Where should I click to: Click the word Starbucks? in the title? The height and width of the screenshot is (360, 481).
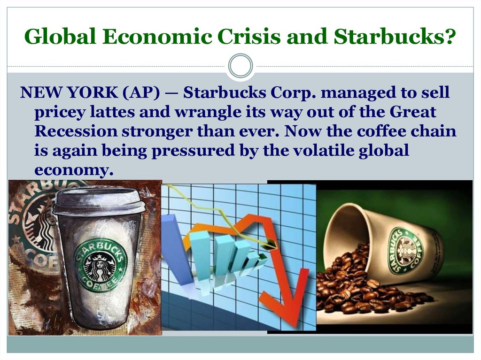coord(394,36)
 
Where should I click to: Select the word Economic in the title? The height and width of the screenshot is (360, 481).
coord(157,36)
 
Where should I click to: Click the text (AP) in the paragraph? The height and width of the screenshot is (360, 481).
coord(141,92)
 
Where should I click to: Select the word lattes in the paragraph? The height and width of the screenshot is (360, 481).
coord(112,112)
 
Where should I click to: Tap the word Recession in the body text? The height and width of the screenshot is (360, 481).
coord(76,131)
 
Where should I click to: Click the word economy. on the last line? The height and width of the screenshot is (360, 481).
coord(74,169)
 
